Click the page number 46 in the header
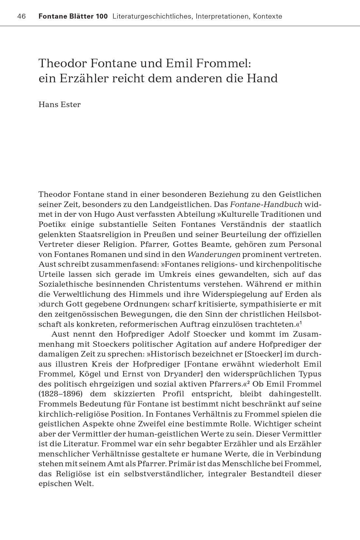click(21, 16)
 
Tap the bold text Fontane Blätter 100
click(73, 16)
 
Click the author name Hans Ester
click(59, 104)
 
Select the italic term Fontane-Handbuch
click(266, 204)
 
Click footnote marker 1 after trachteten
click(301, 323)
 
